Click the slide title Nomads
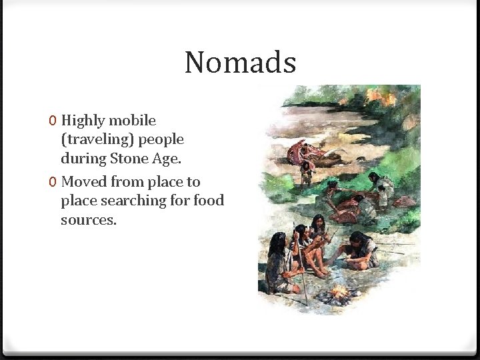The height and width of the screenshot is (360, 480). coord(240,63)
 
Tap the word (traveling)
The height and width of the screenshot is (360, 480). coord(97,140)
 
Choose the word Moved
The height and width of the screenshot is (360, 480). coord(84,181)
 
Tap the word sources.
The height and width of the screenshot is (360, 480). coord(89,220)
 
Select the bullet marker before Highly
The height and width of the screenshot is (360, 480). coord(53,121)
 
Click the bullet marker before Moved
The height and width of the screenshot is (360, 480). coord(53,182)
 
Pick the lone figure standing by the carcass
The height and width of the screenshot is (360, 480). coord(307,173)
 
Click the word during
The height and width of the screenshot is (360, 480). coord(84,159)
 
